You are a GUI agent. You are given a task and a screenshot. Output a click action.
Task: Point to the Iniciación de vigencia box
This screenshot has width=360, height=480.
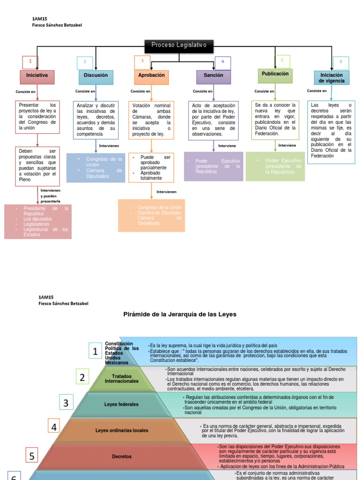point(331,78)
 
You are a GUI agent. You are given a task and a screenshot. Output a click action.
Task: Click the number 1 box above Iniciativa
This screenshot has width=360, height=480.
point(30,62)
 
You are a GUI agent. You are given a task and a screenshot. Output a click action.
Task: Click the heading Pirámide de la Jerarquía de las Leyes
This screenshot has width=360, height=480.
point(180,314)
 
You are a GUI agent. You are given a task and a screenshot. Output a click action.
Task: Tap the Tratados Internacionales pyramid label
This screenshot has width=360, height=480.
point(121,378)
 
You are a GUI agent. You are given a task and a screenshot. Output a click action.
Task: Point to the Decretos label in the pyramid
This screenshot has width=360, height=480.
point(121,456)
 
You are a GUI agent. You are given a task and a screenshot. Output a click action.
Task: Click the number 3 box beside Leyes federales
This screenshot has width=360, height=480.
point(66,403)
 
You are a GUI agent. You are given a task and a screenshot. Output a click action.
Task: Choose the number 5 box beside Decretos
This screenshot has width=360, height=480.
point(32,456)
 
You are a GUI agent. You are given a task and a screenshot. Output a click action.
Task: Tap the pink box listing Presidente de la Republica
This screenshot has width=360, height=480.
point(38,222)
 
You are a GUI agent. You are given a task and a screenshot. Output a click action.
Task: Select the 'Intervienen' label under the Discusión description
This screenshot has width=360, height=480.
point(109,146)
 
